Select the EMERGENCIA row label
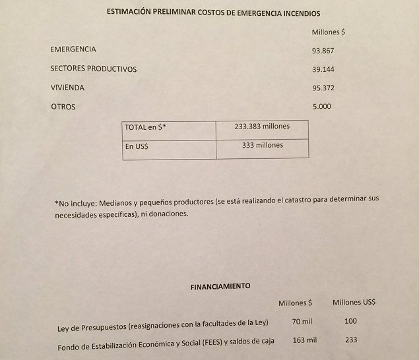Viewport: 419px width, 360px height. [73, 49]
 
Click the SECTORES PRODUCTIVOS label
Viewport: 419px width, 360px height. [93, 69]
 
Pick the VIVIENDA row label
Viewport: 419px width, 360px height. [67, 88]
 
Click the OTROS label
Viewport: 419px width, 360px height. [63, 107]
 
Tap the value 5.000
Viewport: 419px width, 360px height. [321, 107]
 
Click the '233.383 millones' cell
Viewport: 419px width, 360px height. [262, 126]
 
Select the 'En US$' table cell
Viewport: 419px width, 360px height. [137, 146]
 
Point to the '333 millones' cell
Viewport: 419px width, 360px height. [262, 145]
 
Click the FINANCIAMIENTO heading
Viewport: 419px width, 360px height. [220, 287]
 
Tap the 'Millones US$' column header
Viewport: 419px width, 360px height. [354, 302]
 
